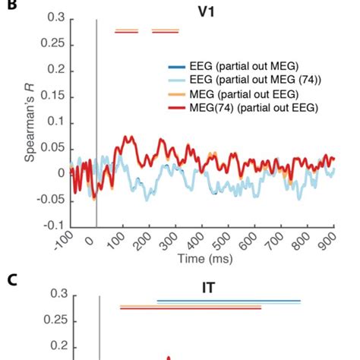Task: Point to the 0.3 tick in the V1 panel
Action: pos(55,17)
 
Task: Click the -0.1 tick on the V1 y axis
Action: pos(53,226)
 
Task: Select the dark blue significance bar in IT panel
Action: pos(228,301)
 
